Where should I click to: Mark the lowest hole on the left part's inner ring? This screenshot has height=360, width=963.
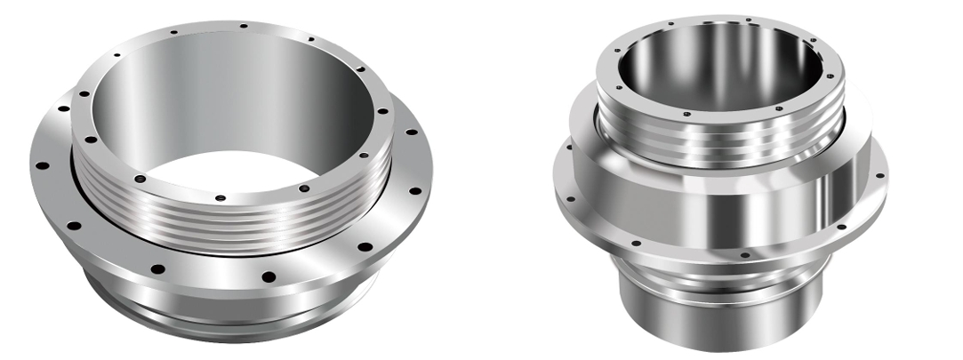(x=220, y=197)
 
